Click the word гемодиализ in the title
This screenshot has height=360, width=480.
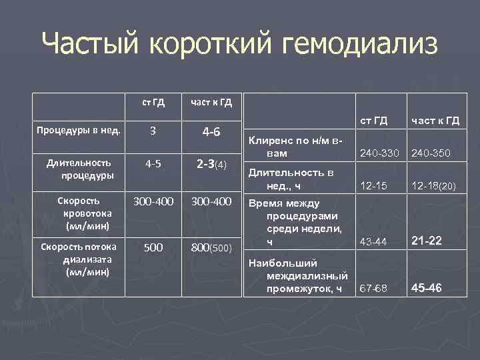point(361,45)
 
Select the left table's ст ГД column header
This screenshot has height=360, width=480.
point(154,102)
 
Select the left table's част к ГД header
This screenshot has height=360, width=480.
point(211,102)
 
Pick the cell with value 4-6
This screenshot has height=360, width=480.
point(211,131)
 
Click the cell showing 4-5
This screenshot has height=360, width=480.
point(153,164)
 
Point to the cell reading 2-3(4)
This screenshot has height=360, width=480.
point(211,164)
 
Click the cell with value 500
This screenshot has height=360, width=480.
point(153,247)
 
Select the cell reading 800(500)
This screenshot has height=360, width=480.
point(211,247)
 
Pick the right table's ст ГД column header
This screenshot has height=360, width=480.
point(374,121)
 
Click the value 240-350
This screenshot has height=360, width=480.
point(432,153)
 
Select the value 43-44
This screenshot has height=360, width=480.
point(373,241)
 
